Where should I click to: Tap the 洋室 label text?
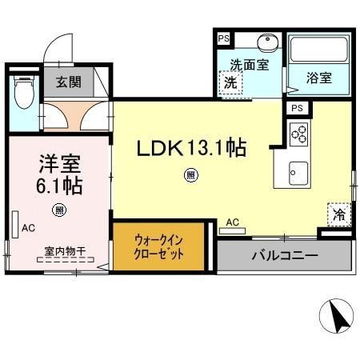pyautogui.click(x=60, y=162)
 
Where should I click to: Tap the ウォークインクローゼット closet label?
pyautogui.click(x=159, y=246)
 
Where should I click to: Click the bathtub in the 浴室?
pyautogui.click(x=319, y=50)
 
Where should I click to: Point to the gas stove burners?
pyautogui.click(x=299, y=134)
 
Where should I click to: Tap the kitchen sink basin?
pyautogui.click(x=298, y=171)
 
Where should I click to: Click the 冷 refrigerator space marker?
pyautogui.click(x=339, y=214)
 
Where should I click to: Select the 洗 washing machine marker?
pyautogui.click(x=230, y=82)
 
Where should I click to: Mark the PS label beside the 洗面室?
pyautogui.click(x=222, y=37)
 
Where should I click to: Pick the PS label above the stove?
pyautogui.click(x=297, y=108)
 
